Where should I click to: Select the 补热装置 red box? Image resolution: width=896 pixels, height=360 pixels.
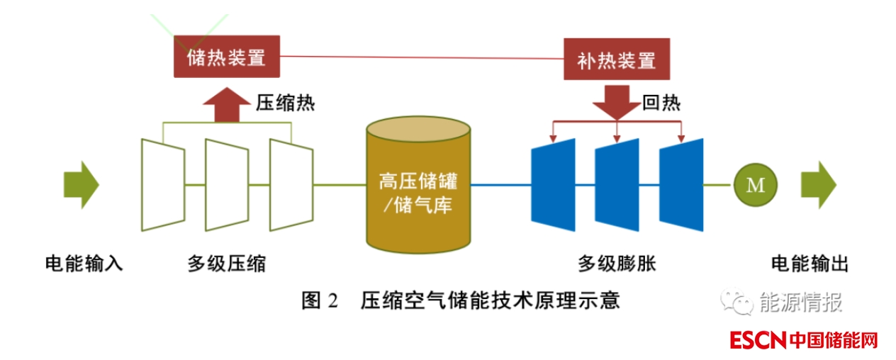click(617, 60)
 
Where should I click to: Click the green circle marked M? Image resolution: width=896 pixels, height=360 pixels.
click(756, 185)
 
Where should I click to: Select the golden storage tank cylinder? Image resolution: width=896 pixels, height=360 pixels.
click(418, 186)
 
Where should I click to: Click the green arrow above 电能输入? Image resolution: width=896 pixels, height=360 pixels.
click(81, 185)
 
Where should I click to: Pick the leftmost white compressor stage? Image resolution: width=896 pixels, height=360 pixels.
click(164, 184)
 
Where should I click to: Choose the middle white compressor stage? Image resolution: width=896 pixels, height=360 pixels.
click(227, 184)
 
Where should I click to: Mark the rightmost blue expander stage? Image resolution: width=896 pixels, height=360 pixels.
click(681, 184)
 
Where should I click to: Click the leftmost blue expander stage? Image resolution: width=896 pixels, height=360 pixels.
click(553, 184)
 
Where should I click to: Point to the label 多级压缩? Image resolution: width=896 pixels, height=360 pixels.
click(227, 264)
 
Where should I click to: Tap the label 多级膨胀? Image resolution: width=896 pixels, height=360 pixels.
click(617, 264)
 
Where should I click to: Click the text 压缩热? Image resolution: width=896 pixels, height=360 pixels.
click(285, 103)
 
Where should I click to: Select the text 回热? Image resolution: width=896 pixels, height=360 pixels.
click(661, 103)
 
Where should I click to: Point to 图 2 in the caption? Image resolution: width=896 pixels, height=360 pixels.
click(321, 300)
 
